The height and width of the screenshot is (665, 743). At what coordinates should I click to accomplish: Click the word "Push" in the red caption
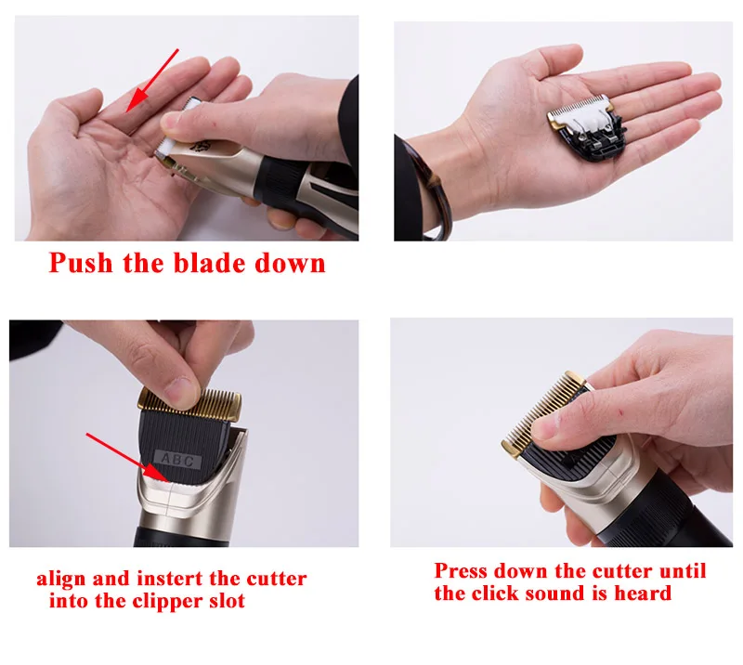tap(81, 263)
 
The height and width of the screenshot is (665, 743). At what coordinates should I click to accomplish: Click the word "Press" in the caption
tap(461, 570)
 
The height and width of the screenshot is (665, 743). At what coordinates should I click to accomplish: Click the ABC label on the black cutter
tap(178, 460)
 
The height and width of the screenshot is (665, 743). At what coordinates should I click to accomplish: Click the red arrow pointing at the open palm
tap(152, 80)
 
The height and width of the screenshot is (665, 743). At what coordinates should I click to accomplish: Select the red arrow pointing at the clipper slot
tap(128, 457)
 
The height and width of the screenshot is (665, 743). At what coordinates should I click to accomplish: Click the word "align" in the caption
tap(61, 579)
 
